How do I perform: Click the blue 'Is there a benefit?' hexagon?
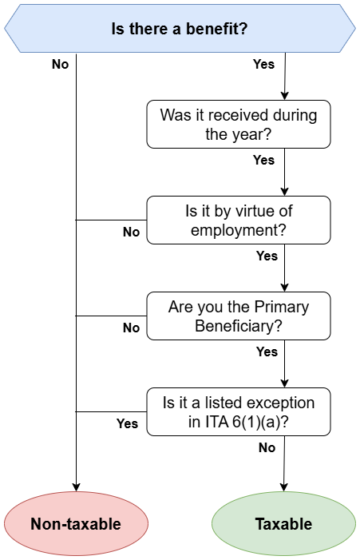[180, 29]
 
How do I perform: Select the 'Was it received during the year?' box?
[239, 125]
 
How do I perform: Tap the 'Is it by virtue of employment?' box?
[239, 220]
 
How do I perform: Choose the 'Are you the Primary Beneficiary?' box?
[239, 316]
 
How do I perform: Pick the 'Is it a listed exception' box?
[239, 411]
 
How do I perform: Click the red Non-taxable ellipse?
[76, 523]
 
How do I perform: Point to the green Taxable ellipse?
[283, 523]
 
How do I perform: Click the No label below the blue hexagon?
[61, 64]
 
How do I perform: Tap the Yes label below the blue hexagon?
[263, 64]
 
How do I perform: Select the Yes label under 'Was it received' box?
[263, 160]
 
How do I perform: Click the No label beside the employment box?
[131, 232]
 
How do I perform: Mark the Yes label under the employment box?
[267, 256]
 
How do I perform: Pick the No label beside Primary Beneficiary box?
[131, 328]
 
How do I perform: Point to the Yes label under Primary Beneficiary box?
[267, 351]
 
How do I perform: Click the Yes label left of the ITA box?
[127, 423]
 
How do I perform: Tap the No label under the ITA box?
[267, 447]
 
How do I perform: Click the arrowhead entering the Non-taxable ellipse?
[76, 487]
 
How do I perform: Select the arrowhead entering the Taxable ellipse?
[283, 487]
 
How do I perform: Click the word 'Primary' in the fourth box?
[282, 307]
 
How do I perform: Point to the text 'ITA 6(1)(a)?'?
[247, 422]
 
